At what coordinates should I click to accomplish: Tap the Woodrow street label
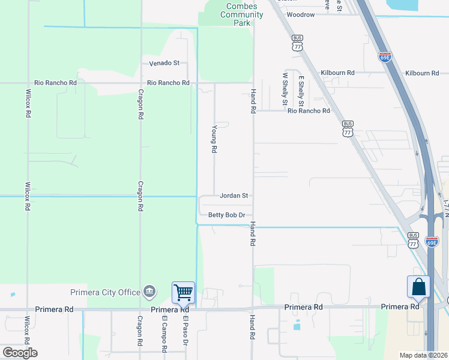click(x=300, y=14)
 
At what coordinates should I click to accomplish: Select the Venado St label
click(x=164, y=62)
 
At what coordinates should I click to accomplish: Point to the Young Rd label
click(x=214, y=139)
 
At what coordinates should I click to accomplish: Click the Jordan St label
click(x=234, y=196)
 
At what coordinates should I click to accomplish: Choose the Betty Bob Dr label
click(x=226, y=215)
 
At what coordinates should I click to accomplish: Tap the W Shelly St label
click(x=285, y=88)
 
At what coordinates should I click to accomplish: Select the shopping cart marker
click(x=183, y=293)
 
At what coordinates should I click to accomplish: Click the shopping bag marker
click(x=418, y=287)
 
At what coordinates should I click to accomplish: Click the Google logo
click(x=19, y=353)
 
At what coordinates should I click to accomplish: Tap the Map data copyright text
click(x=423, y=355)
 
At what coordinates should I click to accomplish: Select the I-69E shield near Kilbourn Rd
click(x=385, y=57)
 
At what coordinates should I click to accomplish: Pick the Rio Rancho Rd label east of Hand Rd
click(x=309, y=111)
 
